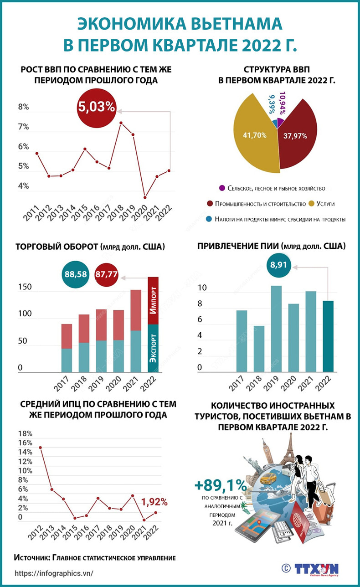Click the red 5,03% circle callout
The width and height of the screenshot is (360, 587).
click(x=97, y=108)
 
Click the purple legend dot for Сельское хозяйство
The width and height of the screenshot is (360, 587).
click(x=222, y=188)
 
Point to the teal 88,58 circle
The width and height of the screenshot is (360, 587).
click(x=76, y=274)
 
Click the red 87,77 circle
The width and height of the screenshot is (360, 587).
click(x=107, y=274)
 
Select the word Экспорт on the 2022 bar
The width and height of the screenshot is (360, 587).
click(x=154, y=349)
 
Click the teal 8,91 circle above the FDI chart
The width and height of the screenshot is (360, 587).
click(x=278, y=263)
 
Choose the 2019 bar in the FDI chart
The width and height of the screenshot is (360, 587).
click(x=276, y=329)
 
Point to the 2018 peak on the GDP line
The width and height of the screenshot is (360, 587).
click(x=121, y=123)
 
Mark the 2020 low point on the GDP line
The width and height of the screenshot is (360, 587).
click(x=145, y=197)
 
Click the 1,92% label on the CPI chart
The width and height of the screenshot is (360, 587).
click(x=154, y=502)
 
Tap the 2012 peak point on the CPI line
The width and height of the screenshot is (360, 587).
click(x=40, y=447)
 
